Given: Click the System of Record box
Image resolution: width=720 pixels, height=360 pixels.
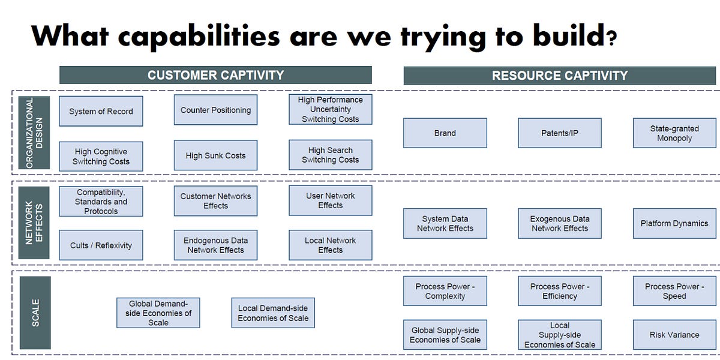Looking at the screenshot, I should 101,111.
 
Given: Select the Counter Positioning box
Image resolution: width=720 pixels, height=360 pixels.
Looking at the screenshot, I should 215,110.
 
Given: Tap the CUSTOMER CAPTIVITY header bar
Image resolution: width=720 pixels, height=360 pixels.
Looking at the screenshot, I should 215,75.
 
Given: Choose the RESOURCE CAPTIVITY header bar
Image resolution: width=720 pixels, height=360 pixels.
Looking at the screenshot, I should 559,76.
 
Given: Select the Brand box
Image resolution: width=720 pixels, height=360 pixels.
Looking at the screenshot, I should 445,133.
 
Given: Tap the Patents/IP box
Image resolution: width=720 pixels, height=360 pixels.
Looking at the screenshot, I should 559,133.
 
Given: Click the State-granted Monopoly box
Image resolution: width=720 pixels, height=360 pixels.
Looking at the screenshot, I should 674,133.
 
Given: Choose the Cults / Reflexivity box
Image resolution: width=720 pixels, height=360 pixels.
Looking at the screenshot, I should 101,245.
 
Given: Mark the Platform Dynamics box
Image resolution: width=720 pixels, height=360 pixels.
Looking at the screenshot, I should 674,223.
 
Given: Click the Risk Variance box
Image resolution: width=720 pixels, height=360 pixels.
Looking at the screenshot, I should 674,335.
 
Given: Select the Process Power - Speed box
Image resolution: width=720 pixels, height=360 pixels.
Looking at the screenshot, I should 674,291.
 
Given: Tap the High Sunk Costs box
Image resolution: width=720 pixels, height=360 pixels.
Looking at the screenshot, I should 215,155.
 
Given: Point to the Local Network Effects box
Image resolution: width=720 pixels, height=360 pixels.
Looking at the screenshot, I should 330,245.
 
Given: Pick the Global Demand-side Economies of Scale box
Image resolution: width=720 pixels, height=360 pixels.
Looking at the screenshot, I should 158,313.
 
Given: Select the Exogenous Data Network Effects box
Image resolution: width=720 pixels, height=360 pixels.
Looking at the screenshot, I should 559,223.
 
